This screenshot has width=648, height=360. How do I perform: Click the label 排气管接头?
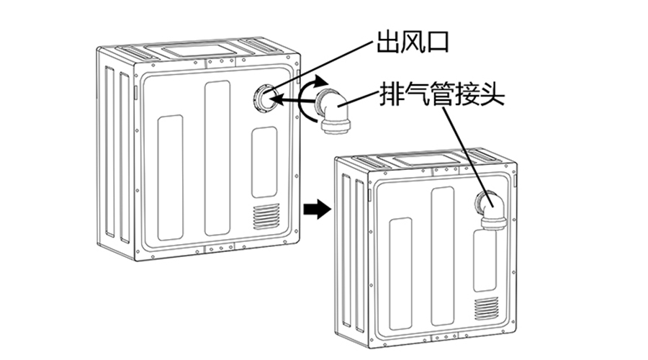(x=444, y=95)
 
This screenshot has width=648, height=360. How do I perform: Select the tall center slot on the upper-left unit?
(x=217, y=158)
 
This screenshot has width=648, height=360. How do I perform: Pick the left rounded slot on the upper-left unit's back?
(x=170, y=177)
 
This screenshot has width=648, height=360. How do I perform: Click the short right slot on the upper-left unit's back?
(x=264, y=162)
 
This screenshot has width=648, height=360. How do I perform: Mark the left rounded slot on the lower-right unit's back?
(x=400, y=273)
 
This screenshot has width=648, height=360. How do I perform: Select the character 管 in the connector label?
(x=444, y=95)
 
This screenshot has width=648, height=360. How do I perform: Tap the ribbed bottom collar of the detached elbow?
(x=335, y=127)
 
